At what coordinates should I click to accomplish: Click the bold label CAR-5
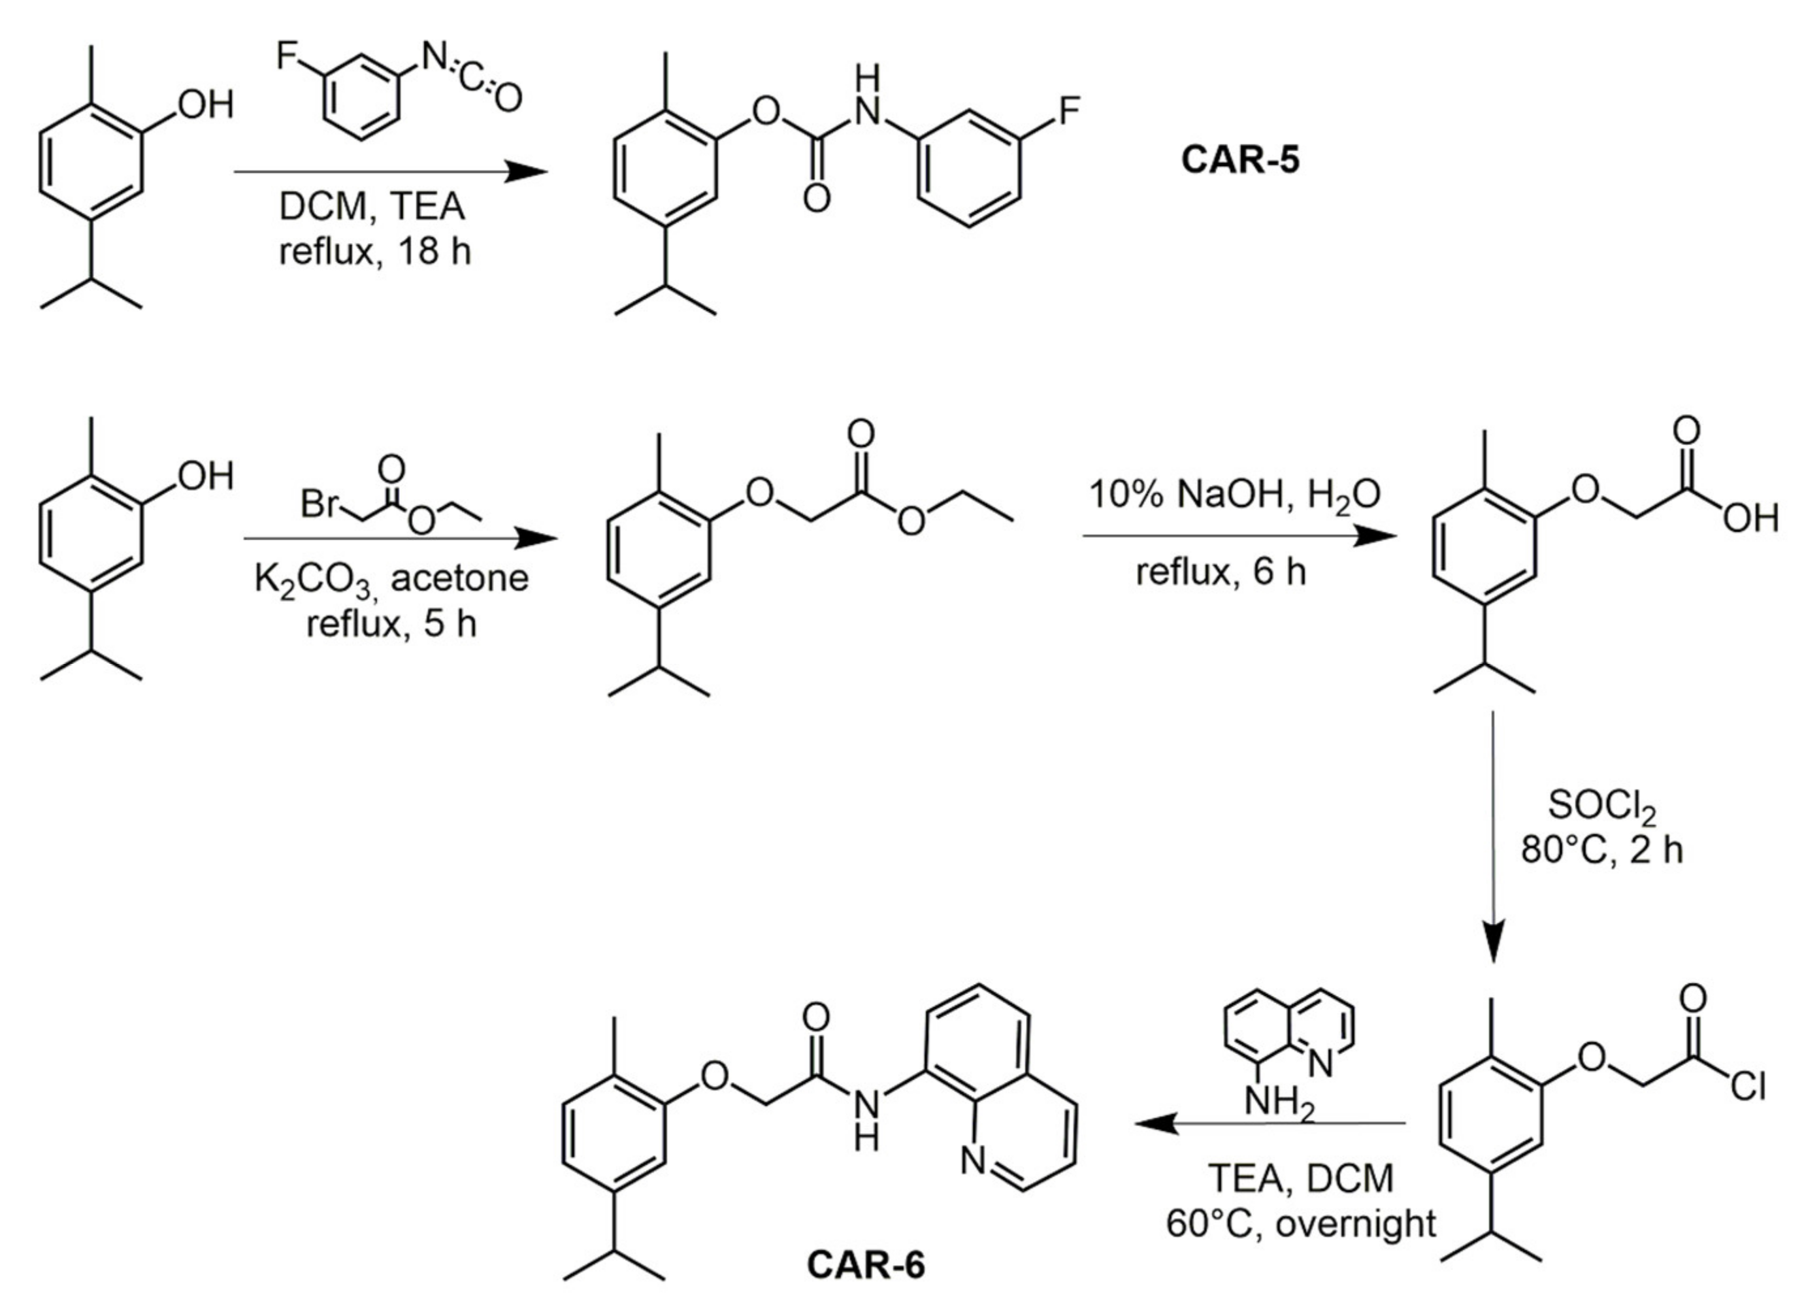[x=1239, y=159]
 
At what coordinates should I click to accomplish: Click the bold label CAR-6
[x=866, y=1264]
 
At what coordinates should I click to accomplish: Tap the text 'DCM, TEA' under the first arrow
[x=372, y=207]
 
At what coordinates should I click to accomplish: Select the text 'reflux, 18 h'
[x=374, y=252]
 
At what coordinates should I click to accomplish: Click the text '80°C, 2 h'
[x=1602, y=850]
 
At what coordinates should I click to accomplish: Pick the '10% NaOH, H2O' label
[x=1234, y=495]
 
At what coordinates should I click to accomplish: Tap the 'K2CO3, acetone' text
[x=391, y=578]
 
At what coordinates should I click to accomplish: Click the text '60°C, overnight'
[x=1302, y=1223]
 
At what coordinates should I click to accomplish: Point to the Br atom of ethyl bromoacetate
[x=320, y=504]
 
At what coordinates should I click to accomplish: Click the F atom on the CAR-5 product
[x=1069, y=110]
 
